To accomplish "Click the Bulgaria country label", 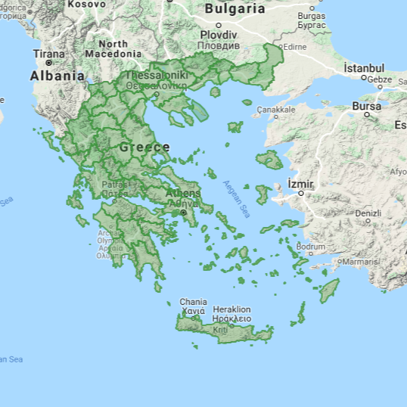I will [x=235, y=9].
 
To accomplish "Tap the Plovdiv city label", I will [x=219, y=36].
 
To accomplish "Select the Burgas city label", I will [x=311, y=16].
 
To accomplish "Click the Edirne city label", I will [x=294, y=46].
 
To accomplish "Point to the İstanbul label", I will [x=364, y=68].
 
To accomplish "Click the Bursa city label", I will [x=367, y=106].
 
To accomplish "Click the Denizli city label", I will [x=368, y=213].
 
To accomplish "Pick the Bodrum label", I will [x=310, y=247].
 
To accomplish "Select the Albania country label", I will [x=57, y=76].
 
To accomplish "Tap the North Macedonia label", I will [x=113, y=49].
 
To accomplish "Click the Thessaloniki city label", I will [x=156, y=76].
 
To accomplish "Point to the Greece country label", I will [x=144, y=147].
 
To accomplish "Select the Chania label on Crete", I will [x=193, y=303].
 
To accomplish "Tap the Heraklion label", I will [x=231, y=309].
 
